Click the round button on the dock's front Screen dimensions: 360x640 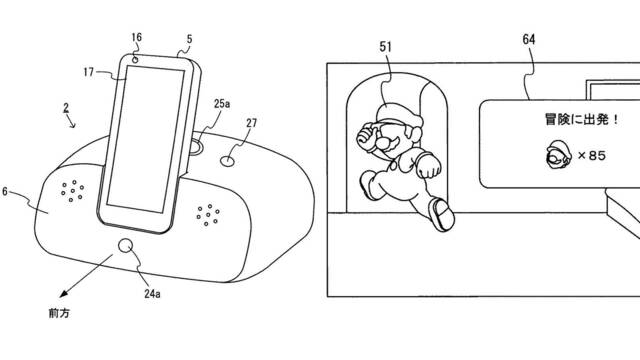click(126, 246)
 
